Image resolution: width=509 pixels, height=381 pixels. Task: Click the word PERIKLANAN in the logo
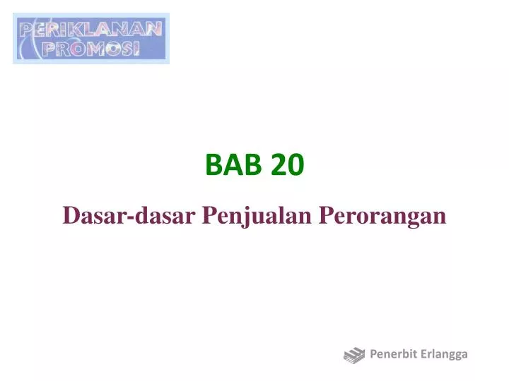pos(91,30)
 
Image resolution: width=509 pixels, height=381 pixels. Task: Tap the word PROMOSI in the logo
pos(91,48)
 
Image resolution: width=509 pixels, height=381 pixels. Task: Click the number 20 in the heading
pos(287,165)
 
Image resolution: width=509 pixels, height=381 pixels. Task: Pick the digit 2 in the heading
pos(279,165)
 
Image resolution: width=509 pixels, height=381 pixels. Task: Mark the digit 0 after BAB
pos(296,165)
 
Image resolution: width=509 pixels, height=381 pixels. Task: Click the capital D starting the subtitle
pos(70,215)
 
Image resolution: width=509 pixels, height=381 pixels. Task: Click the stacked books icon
pos(354,355)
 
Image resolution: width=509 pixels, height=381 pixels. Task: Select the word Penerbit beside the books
pos(392,354)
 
